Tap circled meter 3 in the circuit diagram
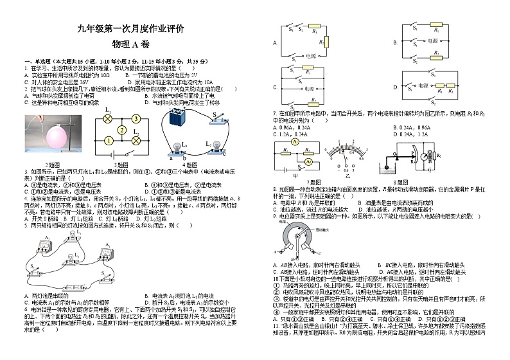tap(136, 119)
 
